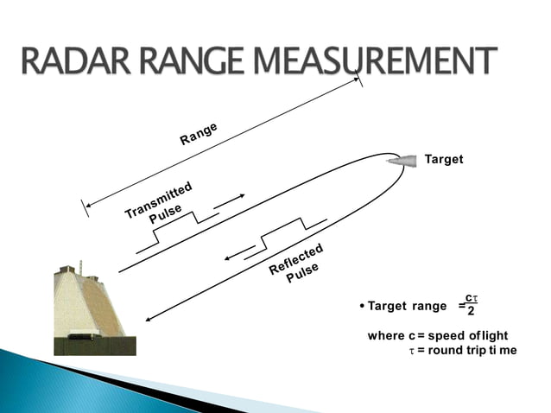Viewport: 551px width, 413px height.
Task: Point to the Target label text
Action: (x=444, y=159)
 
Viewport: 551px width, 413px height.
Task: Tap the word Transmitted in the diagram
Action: (x=158, y=200)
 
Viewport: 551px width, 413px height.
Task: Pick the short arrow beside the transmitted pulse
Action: (x=229, y=200)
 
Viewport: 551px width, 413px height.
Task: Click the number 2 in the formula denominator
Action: (x=471, y=312)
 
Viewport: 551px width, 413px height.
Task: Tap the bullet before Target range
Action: (x=360, y=307)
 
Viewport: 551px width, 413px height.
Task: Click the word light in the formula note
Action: (x=493, y=335)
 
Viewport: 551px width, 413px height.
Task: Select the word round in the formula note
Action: (x=446, y=351)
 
